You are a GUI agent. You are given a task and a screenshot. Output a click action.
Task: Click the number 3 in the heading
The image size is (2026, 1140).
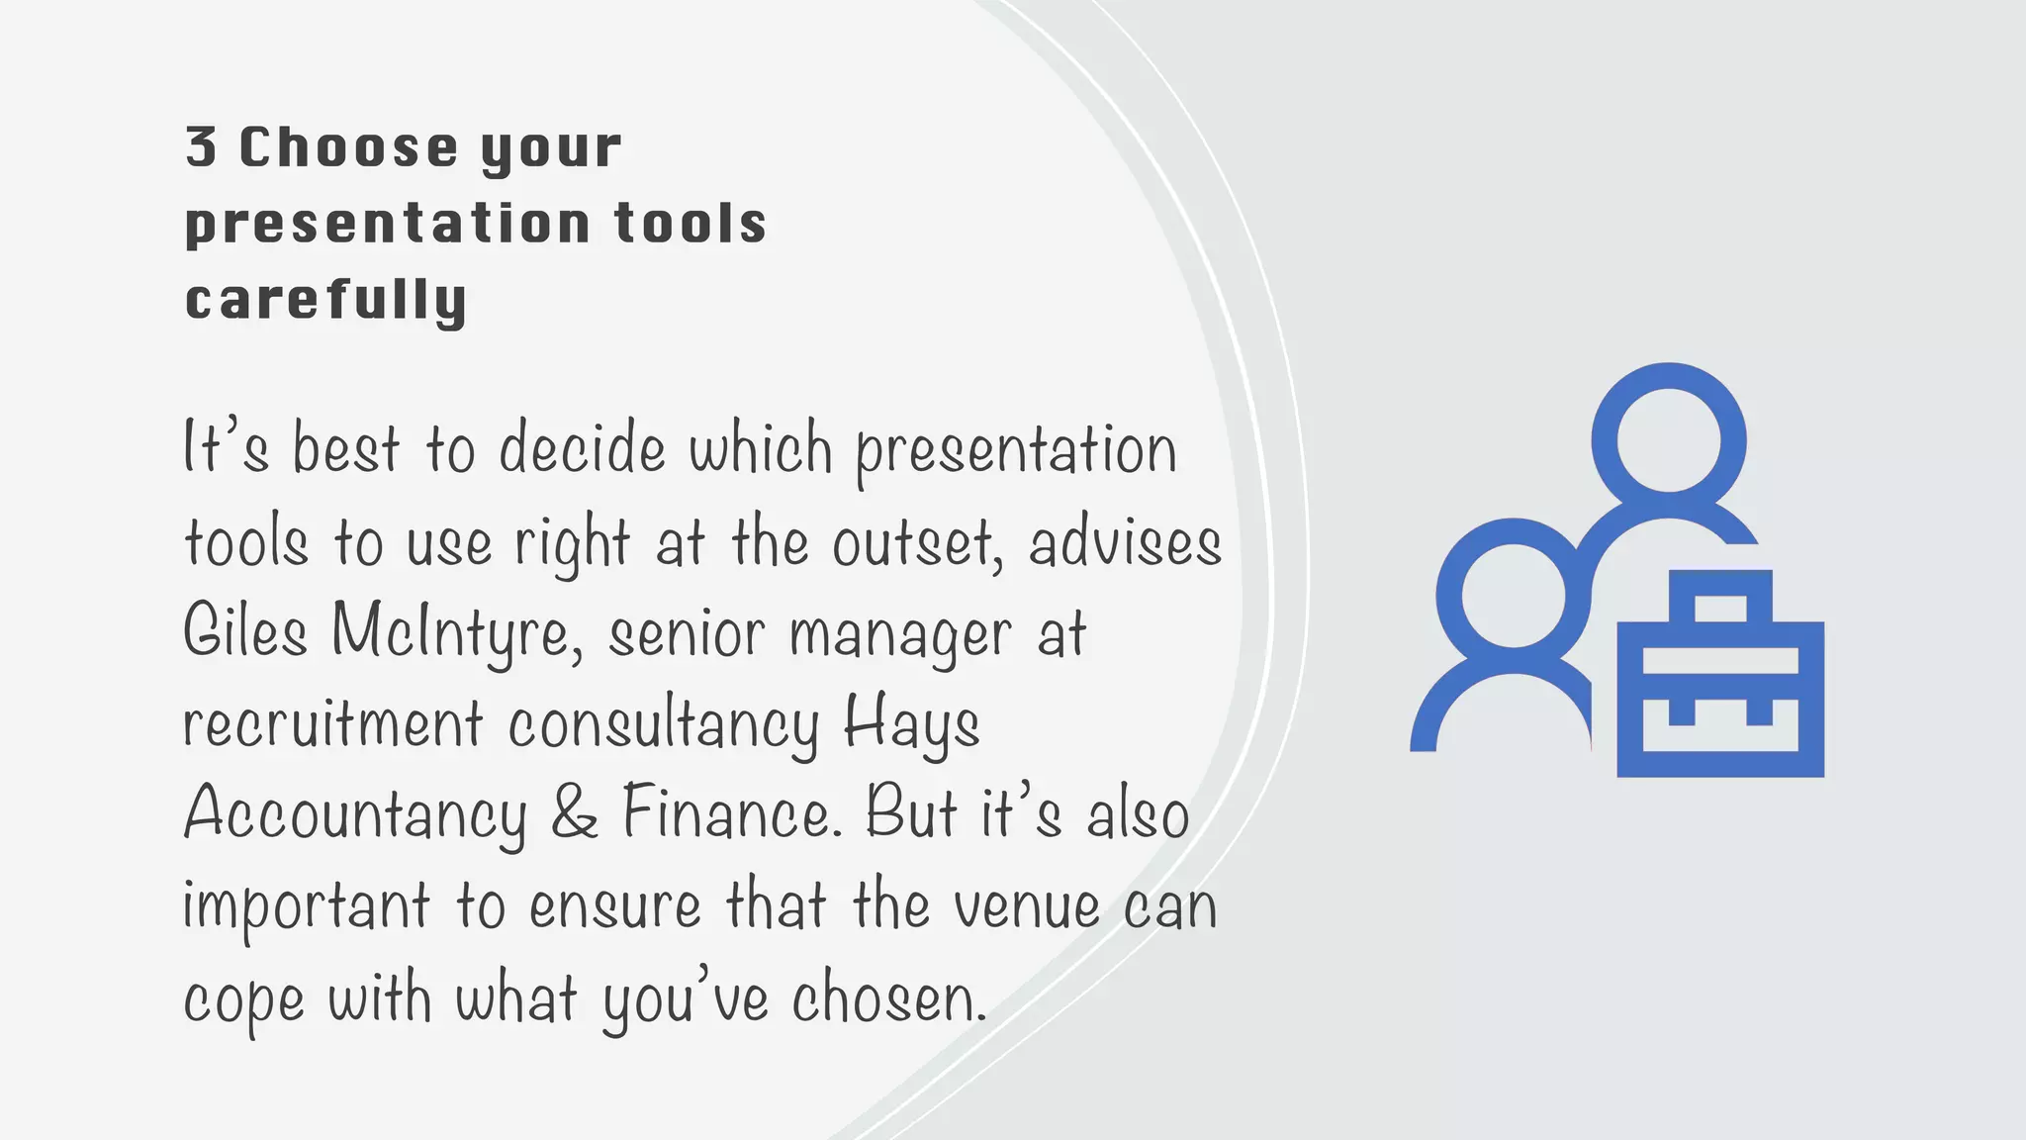click(201, 147)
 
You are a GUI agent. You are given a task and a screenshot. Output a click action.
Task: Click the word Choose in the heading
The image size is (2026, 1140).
click(348, 147)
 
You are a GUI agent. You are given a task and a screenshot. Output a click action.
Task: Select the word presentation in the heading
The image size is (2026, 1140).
click(388, 224)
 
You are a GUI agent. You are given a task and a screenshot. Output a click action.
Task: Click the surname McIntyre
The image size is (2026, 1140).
click(455, 633)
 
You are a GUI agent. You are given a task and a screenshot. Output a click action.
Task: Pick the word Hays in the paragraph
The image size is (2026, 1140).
click(911, 725)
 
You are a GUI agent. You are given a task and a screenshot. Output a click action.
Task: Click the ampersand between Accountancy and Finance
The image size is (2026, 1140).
click(575, 813)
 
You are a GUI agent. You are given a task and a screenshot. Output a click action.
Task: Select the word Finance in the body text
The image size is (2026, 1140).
click(730, 813)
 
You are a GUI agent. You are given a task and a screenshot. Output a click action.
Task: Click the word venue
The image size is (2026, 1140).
click(1026, 906)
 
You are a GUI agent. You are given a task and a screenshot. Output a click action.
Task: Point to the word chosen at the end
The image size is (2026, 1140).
click(889, 997)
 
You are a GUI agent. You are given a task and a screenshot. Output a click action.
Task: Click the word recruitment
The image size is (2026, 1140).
click(333, 723)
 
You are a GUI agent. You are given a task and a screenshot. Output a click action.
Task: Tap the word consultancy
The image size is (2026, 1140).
click(663, 725)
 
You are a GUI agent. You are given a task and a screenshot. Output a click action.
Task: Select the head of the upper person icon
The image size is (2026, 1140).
click(1669, 439)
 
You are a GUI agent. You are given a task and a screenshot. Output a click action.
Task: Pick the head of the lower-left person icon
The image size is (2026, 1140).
click(1514, 596)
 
